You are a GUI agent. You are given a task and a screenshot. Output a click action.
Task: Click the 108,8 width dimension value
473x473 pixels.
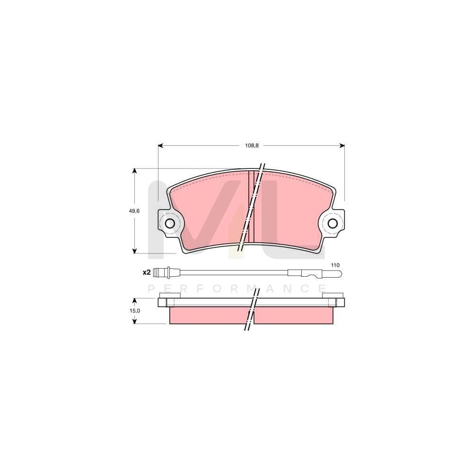(251, 146)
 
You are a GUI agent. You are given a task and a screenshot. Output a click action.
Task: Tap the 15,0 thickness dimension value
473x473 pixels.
(135, 311)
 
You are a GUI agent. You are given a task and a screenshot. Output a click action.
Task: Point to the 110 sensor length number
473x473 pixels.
(335, 265)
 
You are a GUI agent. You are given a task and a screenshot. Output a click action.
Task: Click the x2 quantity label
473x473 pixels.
(146, 272)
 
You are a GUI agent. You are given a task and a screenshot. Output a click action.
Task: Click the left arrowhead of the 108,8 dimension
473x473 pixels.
(160, 146)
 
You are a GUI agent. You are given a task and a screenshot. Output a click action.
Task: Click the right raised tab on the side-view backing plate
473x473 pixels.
(332, 296)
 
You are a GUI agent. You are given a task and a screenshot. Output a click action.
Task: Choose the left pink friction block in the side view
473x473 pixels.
(208, 315)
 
